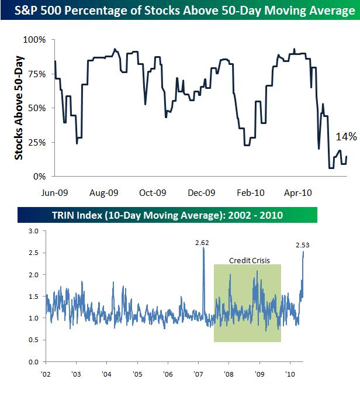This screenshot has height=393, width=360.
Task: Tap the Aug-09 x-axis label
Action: pos(105,191)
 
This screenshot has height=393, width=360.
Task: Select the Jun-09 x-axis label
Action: pos(56,191)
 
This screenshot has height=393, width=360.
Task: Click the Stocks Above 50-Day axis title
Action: pos(19,108)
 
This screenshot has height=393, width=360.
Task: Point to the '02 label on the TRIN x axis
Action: pos(46,374)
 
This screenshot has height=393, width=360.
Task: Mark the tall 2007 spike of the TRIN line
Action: pos(203,248)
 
